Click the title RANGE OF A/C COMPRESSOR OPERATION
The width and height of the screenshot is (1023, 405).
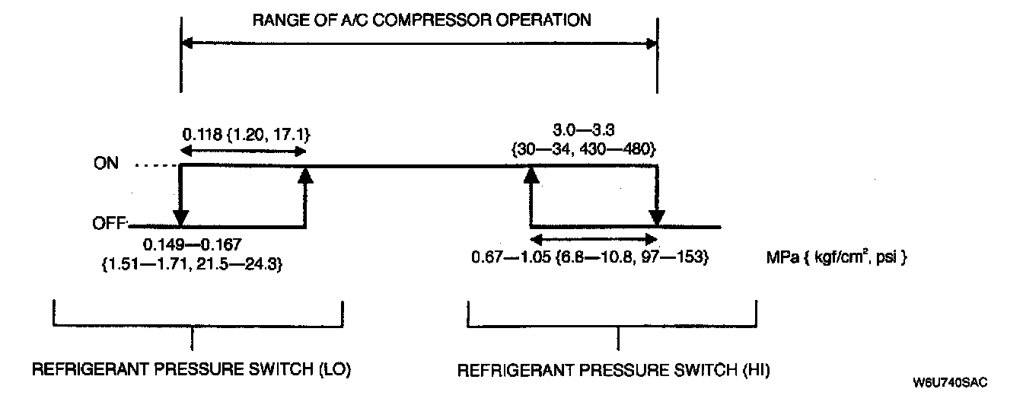tap(422, 21)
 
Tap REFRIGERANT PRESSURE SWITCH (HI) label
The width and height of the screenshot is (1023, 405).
tap(613, 371)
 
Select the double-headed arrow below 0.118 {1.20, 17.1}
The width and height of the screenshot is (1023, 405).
tap(243, 152)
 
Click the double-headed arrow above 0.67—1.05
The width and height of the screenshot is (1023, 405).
tap(594, 238)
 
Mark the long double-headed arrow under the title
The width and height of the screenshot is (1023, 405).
tap(419, 44)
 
